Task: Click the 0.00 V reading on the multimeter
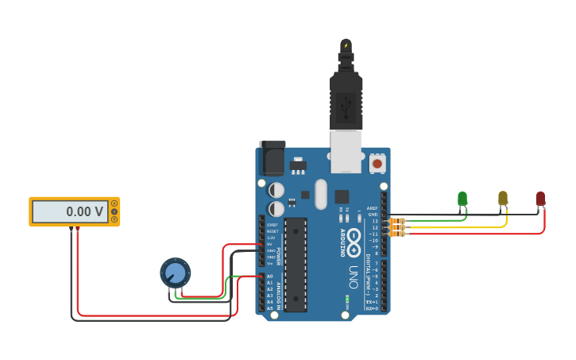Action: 84,212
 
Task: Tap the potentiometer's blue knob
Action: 176,273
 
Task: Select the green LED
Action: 462,199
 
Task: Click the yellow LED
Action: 503,198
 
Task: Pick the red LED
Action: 540,199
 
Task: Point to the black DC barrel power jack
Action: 273,158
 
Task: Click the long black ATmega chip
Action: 296,263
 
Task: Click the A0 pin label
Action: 269,277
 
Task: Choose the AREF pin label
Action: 372,208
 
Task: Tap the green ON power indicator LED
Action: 347,300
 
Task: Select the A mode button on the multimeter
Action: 114,204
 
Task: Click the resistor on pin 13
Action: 396,221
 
